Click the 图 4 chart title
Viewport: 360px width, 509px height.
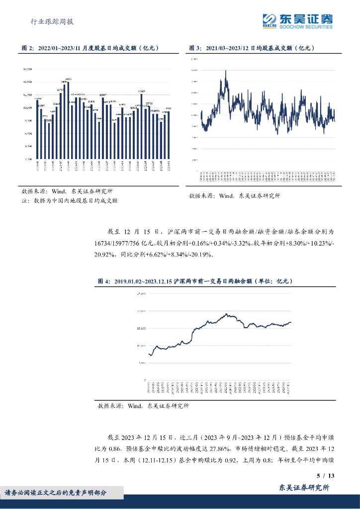[195, 281]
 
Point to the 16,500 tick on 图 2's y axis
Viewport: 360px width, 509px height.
[27, 69]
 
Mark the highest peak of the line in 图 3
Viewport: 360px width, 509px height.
[226, 71]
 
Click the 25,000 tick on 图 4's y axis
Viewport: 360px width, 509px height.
[141, 294]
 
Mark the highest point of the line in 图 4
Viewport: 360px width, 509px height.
[227, 314]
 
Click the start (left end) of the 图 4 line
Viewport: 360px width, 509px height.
[149, 354]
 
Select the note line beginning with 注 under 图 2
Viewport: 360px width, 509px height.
[70, 201]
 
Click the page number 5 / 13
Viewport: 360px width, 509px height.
[326, 476]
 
